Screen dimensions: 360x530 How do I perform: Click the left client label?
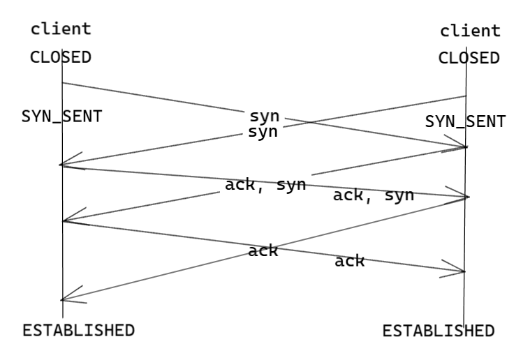tap(60, 29)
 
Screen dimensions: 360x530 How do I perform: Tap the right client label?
tap(470, 31)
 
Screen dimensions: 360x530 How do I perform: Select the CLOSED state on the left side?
tap(60, 57)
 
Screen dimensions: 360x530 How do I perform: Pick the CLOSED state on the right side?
tap(469, 58)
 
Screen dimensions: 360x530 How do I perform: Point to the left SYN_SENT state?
tap(61, 117)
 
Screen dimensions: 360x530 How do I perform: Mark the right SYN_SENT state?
tap(465, 121)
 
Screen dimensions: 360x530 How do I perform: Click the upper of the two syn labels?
tap(264, 116)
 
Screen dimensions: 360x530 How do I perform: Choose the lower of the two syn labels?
tap(263, 131)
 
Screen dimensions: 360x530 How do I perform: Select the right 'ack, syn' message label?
tap(374, 195)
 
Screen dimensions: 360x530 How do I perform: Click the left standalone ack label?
tap(263, 250)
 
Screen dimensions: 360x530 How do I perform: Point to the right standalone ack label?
tap(349, 262)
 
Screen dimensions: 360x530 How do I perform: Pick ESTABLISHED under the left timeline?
tap(78, 330)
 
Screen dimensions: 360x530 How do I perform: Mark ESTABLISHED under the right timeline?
tap(439, 330)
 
